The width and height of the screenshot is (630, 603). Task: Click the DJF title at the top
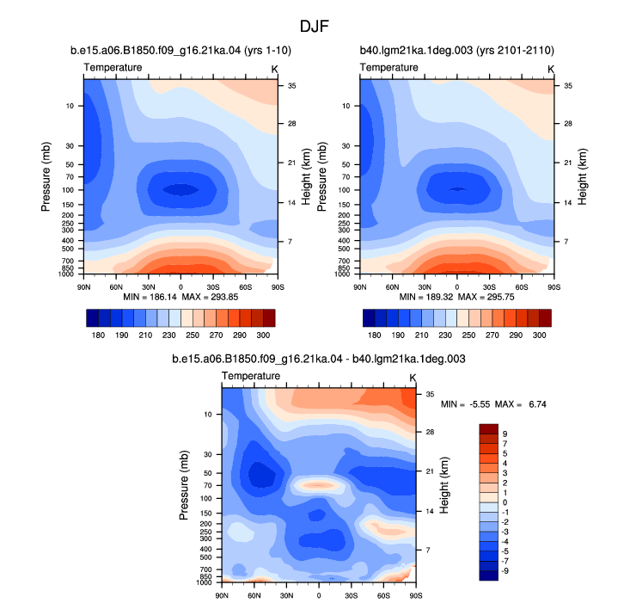click(x=315, y=27)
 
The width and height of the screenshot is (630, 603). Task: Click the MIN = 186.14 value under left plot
click(x=150, y=297)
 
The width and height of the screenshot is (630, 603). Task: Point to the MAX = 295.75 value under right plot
click(x=486, y=297)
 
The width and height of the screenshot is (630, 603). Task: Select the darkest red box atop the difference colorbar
click(x=488, y=428)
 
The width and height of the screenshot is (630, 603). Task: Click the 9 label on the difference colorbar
click(x=505, y=434)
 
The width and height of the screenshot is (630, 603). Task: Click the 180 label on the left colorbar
click(x=98, y=335)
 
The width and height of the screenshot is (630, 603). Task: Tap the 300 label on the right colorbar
click(x=539, y=335)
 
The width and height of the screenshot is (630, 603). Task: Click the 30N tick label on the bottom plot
click(x=286, y=595)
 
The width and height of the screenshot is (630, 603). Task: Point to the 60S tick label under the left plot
click(x=246, y=287)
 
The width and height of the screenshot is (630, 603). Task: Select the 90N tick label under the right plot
click(x=360, y=287)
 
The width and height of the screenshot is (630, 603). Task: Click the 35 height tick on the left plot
click(x=291, y=86)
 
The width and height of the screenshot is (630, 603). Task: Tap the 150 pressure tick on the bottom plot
click(x=205, y=513)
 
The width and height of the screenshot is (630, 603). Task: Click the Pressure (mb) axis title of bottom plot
click(x=184, y=485)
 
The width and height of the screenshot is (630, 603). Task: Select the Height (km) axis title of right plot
click(x=582, y=177)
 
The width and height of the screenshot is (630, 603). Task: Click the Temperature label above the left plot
click(x=113, y=67)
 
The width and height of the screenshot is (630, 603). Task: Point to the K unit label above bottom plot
click(x=413, y=378)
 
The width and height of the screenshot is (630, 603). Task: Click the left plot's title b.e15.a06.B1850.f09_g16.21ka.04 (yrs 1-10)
click(x=180, y=50)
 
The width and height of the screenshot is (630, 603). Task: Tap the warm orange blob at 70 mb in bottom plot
click(x=318, y=485)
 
